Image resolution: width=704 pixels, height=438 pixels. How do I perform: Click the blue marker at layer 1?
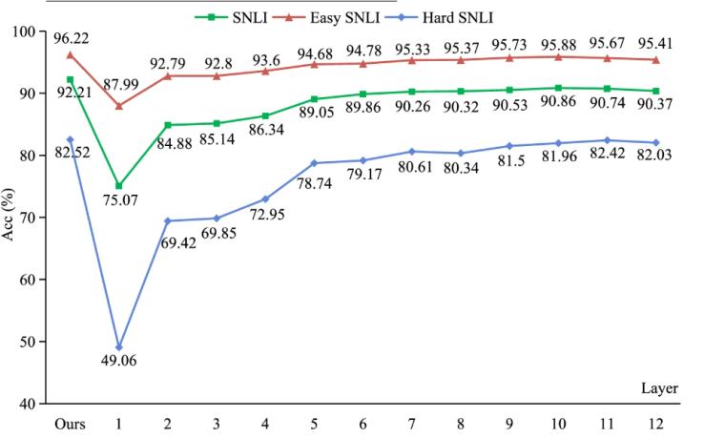coord(118,347)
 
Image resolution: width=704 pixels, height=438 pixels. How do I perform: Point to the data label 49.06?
coord(118,363)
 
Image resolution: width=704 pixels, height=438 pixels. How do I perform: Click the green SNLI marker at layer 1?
coord(118,186)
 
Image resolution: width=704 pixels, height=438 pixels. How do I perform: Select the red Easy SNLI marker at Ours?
coord(70,54)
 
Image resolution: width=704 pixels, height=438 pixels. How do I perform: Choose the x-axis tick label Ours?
coord(70,421)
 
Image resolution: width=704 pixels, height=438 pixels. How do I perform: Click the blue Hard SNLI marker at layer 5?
coord(313,163)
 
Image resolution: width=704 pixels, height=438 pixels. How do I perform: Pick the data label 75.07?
coord(118,201)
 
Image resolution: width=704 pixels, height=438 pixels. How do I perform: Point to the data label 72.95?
coord(264,216)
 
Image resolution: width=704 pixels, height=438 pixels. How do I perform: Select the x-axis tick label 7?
coord(410,421)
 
